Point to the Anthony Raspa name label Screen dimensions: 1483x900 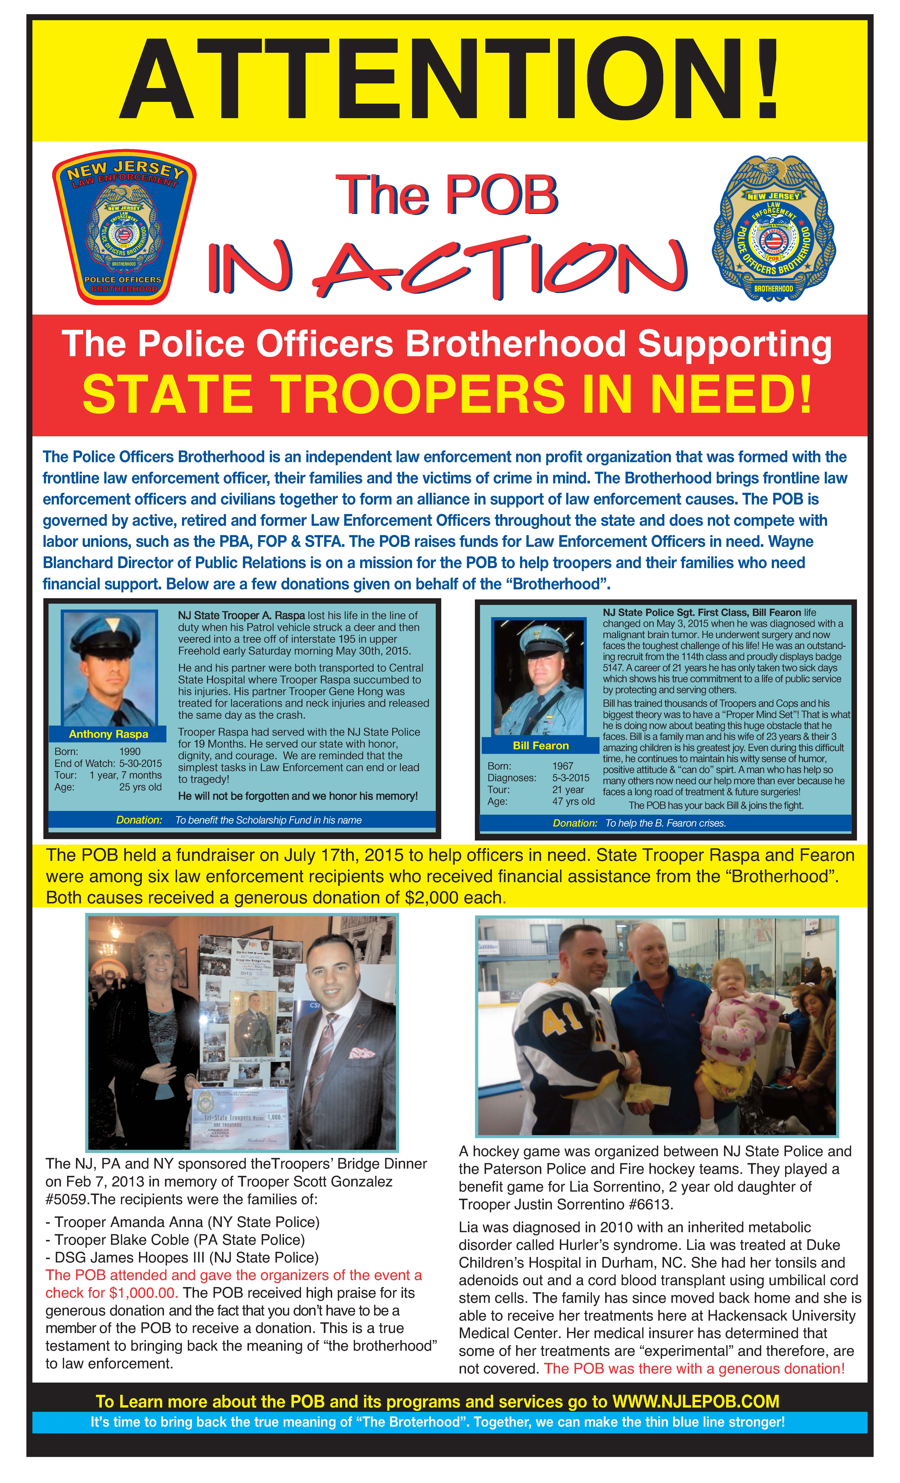tap(108, 734)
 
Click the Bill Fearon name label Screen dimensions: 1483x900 tap(540, 746)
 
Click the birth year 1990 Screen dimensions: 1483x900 tap(130, 752)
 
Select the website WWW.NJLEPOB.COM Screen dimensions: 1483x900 tap(695, 1402)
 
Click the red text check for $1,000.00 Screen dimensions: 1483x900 tap(111, 1293)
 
